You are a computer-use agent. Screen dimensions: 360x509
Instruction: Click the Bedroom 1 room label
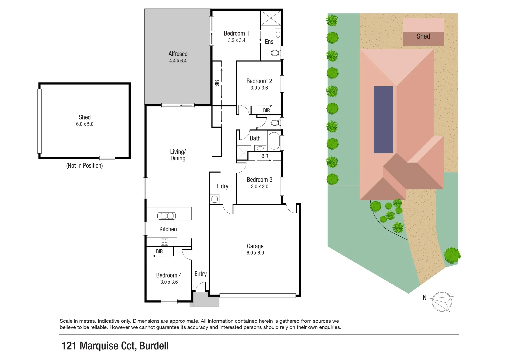pos(236,33)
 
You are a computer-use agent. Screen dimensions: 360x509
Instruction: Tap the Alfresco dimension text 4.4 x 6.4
pos(178,61)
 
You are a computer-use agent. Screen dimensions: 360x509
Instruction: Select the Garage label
pos(255,246)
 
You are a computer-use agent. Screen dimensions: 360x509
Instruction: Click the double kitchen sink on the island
pos(166,216)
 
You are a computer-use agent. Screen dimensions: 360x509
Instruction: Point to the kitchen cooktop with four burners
pos(164,242)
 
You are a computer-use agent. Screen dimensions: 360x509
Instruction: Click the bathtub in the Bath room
pos(274,141)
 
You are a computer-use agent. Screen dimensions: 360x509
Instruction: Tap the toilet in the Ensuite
pos(275,53)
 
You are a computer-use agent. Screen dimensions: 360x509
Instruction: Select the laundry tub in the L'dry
pos(214,199)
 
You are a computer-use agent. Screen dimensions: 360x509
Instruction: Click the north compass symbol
pos(441,302)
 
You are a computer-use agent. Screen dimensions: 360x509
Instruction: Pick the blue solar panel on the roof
pos(383,119)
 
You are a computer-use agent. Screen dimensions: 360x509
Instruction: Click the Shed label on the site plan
pos(423,36)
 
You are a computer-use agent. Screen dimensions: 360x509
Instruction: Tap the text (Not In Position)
pos(84,166)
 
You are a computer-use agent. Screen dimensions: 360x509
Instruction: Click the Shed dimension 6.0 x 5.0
pos(85,124)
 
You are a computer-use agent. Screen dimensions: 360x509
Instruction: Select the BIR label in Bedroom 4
pos(159,251)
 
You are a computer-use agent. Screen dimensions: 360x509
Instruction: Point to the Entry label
pos(200,274)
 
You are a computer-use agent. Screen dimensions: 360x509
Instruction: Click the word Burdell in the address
pos(154,346)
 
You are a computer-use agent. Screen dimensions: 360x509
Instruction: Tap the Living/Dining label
pos(178,155)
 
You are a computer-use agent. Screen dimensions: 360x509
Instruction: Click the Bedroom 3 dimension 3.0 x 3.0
pos(259,187)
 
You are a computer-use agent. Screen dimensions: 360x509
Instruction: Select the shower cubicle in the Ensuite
pos(270,18)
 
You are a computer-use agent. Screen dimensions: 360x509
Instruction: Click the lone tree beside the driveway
pos(452,256)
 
